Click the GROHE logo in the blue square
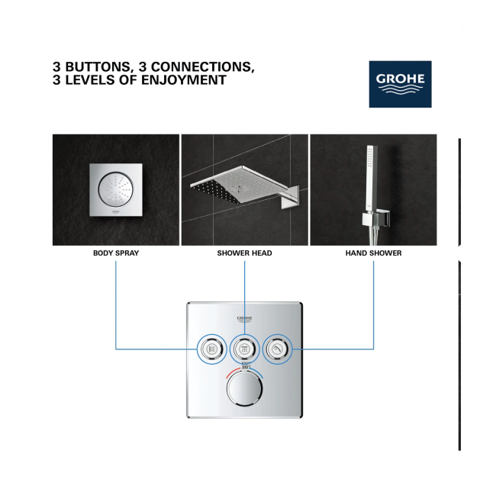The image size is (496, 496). coord(400,84)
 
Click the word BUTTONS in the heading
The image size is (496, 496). coord(98,66)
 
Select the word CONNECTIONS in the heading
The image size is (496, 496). coord(203,66)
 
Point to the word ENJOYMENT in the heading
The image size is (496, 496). coord(184,80)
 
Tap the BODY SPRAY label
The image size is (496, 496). coord(116,253)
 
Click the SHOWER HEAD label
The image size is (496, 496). coord(244,253)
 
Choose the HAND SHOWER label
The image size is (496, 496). coord(374,253)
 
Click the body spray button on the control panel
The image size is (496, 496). coord(212,349)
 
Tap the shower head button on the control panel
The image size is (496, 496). coord(244,349)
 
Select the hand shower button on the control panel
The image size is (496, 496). coord(278,349)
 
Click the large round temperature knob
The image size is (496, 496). coord(244,388)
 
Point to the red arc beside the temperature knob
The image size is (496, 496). coord(234,372)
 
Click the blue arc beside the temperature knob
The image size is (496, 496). coord(257,372)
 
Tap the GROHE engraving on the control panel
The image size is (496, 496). coord(244,319)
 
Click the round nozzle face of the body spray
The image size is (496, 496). coord(116,190)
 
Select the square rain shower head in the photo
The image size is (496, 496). coord(239,185)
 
